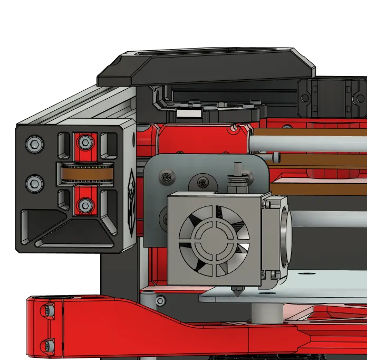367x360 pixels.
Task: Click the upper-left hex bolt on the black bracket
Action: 34,143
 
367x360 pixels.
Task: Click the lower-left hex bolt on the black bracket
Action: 34,183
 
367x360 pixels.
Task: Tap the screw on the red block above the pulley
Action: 84,142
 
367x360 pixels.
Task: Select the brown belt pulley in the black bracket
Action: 84,174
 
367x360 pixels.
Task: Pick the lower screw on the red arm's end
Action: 49,346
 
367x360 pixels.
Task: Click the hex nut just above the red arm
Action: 160,301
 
